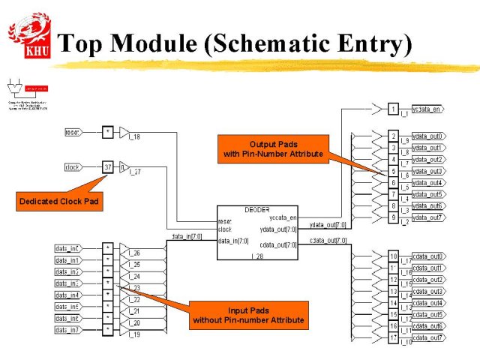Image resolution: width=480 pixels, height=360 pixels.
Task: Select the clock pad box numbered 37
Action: [x=109, y=167]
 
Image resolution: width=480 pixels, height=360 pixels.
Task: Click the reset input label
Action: [x=73, y=133]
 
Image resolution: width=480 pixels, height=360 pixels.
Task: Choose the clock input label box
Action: [x=73, y=167]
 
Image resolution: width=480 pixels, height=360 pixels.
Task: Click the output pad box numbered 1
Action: [x=393, y=109]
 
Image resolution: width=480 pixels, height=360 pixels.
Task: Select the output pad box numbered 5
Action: [x=393, y=171]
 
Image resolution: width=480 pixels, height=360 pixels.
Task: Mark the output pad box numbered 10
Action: [x=393, y=256]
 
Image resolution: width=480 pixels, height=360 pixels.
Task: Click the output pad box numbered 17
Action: [x=393, y=337]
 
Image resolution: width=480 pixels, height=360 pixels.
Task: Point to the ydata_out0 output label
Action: [x=428, y=136]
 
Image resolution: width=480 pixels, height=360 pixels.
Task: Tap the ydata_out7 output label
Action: [x=428, y=217]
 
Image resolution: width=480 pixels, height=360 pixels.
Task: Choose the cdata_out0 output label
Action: [x=428, y=256]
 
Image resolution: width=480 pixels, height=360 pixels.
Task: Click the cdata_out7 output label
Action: [x=428, y=337]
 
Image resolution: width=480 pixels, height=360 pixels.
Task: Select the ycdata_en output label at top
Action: [x=427, y=109]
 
